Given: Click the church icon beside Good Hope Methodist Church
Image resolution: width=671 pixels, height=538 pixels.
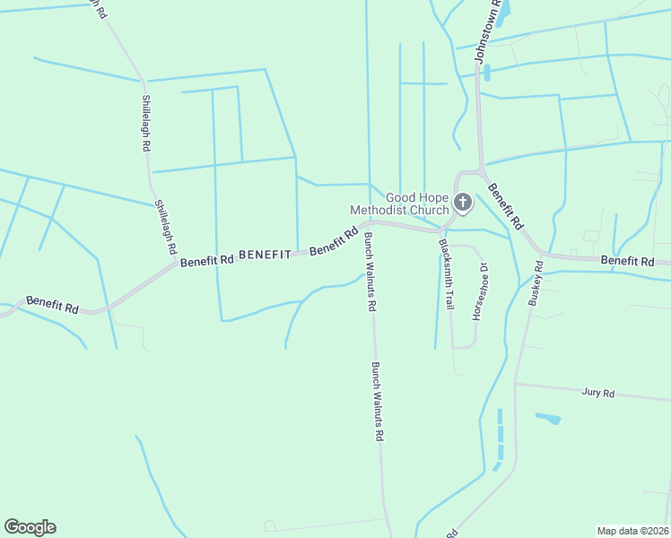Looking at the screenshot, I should tap(462, 203).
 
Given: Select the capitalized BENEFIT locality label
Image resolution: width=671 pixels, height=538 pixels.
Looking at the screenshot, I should tap(266, 256).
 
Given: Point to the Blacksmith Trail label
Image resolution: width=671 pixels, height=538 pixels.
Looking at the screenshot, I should tap(445, 274).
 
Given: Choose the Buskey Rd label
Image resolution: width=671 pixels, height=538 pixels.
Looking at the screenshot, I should tap(536, 284).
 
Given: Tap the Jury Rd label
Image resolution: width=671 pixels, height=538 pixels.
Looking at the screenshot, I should tap(597, 393).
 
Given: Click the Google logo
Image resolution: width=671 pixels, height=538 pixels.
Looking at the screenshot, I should tap(30, 527).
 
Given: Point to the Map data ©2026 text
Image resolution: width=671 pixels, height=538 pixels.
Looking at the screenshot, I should tap(633, 530).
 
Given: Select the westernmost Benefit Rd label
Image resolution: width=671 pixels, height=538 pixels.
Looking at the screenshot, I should tap(52, 305).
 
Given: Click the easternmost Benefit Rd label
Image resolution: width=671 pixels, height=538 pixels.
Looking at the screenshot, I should tap(628, 261).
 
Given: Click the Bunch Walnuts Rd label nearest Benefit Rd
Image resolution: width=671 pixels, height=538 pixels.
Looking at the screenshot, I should tap(369, 272).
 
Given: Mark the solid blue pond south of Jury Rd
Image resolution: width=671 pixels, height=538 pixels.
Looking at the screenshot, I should tap(547, 418).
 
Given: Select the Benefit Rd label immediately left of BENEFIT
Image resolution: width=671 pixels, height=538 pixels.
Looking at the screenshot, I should tap(206, 260).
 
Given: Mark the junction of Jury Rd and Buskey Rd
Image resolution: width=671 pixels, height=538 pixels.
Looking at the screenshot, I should tap(517, 384).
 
